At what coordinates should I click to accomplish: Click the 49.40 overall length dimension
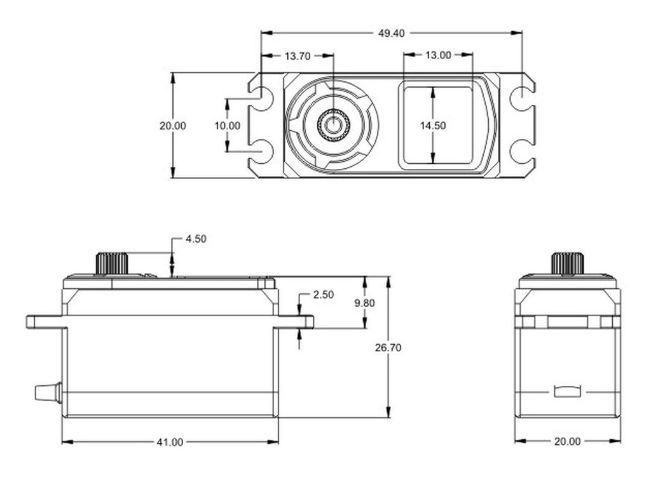pos(391,33)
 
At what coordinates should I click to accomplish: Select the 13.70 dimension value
pos(298,56)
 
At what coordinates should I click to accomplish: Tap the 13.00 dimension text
pos(437,55)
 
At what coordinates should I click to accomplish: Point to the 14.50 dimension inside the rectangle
pos(432,125)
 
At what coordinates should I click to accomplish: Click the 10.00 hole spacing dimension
pos(227,125)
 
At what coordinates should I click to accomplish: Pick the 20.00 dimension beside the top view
pos(173,125)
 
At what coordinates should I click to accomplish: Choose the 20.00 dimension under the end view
pos(567,442)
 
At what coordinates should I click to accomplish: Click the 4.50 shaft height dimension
pos(196,239)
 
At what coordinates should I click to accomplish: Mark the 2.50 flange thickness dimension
pos(324,295)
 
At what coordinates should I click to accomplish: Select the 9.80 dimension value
pos(364,303)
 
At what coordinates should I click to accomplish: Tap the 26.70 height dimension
pos(388,347)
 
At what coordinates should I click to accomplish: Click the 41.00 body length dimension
pos(170,442)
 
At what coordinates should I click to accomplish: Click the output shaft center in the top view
pos(333,124)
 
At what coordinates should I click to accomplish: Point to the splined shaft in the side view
pos(112,263)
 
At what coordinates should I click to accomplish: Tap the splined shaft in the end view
pos(568,263)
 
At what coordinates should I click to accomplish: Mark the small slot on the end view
pos(566,392)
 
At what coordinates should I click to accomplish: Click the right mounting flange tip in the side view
pos(313,322)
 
